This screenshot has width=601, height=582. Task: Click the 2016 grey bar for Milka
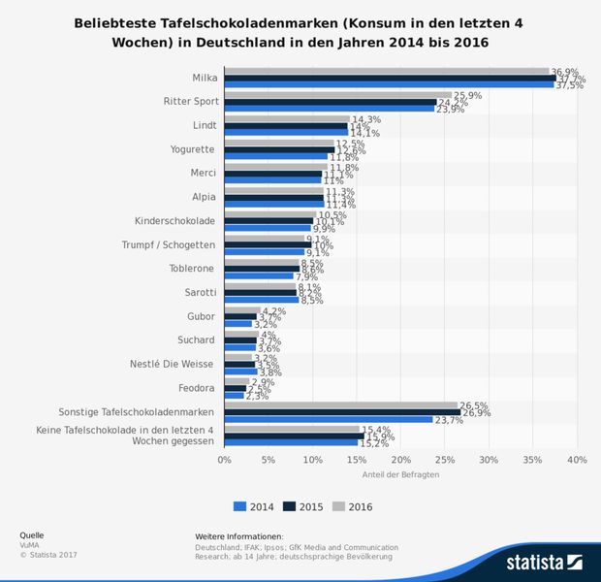coord(387,71)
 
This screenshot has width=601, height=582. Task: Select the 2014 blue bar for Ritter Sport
coord(329,109)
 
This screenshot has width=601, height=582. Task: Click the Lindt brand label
coord(205,125)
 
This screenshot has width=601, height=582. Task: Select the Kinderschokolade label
coord(175,220)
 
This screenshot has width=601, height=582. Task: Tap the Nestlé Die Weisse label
coord(173,364)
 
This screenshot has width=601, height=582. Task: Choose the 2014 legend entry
coord(254,506)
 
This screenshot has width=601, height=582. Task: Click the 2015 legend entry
coord(301,506)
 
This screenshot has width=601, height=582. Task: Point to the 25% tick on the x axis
coord(445,460)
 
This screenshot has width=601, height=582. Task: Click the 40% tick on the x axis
coord(577,460)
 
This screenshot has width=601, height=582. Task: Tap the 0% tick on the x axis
coord(225,460)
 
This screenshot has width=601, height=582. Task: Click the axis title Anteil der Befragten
coord(400,474)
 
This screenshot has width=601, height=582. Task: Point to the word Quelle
coord(31,535)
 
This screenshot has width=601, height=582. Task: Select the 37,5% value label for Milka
coord(569,85)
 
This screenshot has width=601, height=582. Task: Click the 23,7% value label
coord(448,420)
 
